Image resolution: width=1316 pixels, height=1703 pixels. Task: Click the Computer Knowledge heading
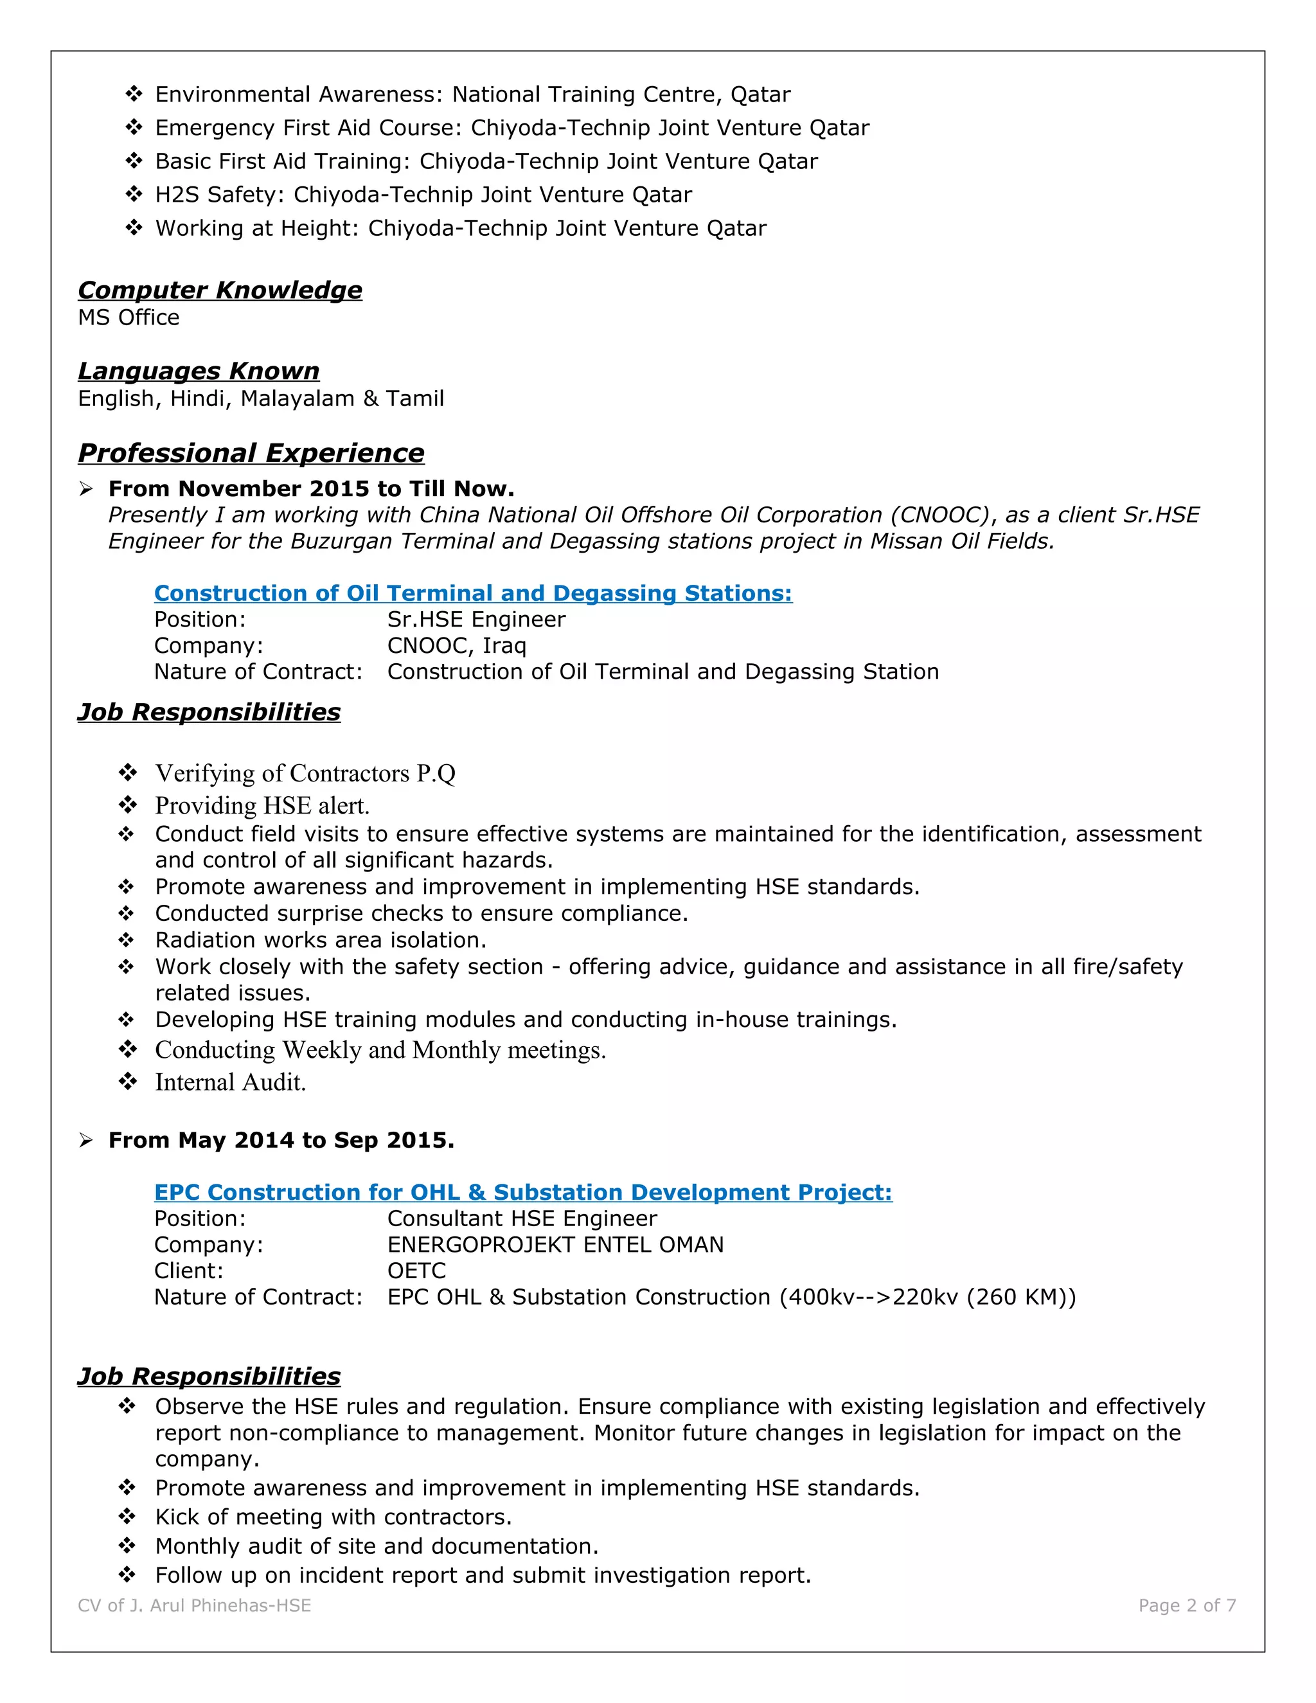tap(220, 290)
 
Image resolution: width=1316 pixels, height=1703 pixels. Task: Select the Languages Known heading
tap(199, 371)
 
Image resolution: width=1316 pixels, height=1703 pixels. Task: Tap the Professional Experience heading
tap(251, 453)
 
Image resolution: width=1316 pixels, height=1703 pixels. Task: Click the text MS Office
tap(129, 318)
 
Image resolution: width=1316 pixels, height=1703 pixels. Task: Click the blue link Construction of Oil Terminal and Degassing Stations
tap(472, 593)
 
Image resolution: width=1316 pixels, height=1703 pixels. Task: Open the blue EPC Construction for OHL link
tap(522, 1192)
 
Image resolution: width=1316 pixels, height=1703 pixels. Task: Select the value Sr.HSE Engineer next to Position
tap(476, 620)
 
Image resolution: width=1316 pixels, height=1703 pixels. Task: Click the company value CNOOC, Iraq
tap(457, 646)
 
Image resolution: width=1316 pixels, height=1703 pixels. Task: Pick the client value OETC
tap(416, 1271)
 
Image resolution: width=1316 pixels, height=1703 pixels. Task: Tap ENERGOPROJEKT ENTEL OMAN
tap(555, 1245)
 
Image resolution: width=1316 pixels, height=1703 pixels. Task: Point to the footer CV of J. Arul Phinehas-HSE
tap(194, 1605)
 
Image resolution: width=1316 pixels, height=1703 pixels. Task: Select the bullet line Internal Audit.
tap(230, 1082)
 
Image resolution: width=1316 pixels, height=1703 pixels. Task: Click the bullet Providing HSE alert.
tap(262, 805)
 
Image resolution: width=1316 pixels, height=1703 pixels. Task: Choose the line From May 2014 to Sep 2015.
tap(281, 1140)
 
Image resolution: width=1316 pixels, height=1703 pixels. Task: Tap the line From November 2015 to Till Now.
tap(311, 489)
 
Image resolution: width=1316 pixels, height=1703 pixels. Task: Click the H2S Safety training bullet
tap(423, 195)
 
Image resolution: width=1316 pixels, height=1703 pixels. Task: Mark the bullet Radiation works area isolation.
tap(321, 940)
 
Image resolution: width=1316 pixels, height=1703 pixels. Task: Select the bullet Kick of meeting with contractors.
tap(333, 1517)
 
